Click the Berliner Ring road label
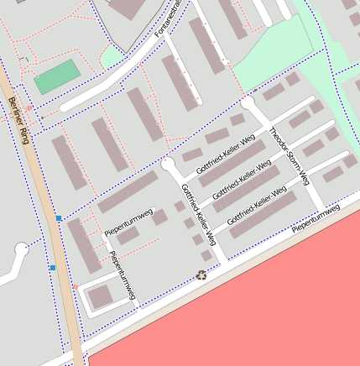(x=18, y=120)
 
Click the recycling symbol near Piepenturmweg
(x=201, y=274)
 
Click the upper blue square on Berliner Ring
(x=59, y=219)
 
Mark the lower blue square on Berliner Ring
(x=52, y=268)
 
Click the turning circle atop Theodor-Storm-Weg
(x=248, y=102)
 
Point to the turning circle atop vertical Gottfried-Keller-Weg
(x=168, y=163)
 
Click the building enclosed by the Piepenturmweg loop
(x=100, y=295)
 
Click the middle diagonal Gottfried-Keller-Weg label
(x=242, y=181)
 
